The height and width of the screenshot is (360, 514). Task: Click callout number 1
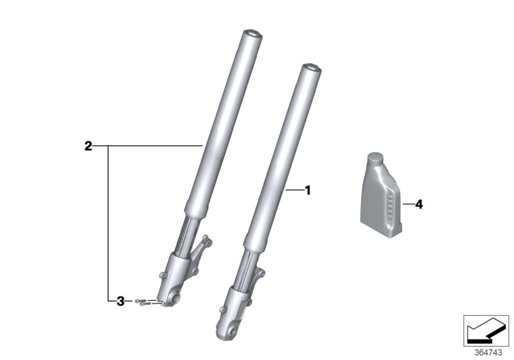(x=307, y=190)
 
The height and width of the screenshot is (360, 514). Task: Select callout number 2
(x=88, y=146)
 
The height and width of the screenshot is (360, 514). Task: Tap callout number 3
(x=120, y=300)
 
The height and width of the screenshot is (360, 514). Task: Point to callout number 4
(x=418, y=204)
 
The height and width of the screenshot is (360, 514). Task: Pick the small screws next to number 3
(x=147, y=301)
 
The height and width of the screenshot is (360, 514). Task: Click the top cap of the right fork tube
(x=312, y=66)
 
